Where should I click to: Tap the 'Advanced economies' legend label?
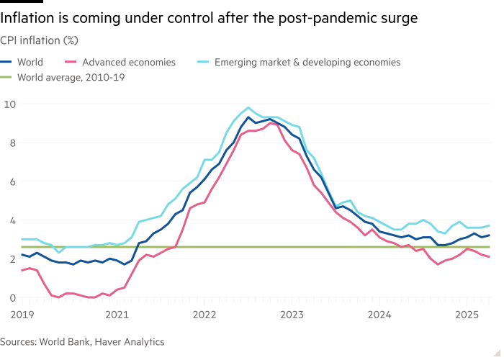pos(129,63)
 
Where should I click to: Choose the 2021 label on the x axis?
pos(117,314)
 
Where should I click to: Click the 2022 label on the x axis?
pos(204,314)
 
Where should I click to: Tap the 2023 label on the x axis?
pos(292,314)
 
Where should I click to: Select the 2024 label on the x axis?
pos(379,314)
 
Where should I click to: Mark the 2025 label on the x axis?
pos(467,314)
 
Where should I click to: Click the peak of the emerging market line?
pos(248,107)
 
